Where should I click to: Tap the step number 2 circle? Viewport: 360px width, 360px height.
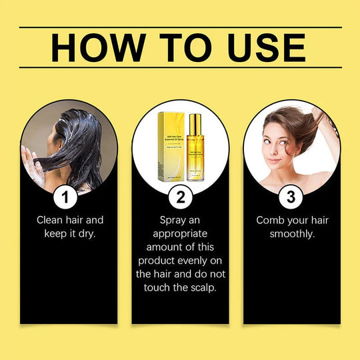tap(181, 197)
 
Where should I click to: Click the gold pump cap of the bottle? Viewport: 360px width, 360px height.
tap(195, 122)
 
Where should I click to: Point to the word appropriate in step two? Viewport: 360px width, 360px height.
tap(180, 233)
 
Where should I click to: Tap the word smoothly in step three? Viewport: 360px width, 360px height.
tap(292, 234)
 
